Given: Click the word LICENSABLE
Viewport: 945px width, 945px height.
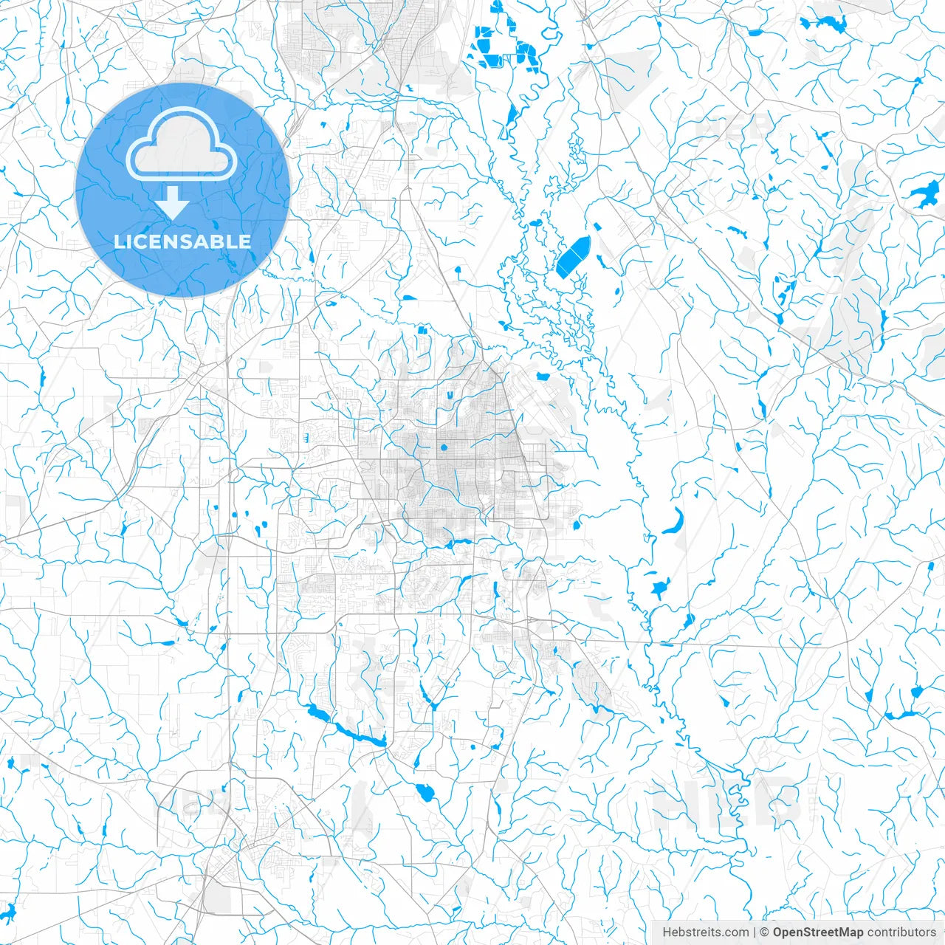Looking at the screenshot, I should [182, 241].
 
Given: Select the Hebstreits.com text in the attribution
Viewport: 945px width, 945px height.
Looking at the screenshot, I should [705, 932].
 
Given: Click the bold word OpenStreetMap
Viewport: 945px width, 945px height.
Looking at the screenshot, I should [817, 932].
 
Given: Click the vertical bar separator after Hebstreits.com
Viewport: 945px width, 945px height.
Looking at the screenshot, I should [755, 932].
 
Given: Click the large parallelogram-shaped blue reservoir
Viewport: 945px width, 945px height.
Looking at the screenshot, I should [574, 256].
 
